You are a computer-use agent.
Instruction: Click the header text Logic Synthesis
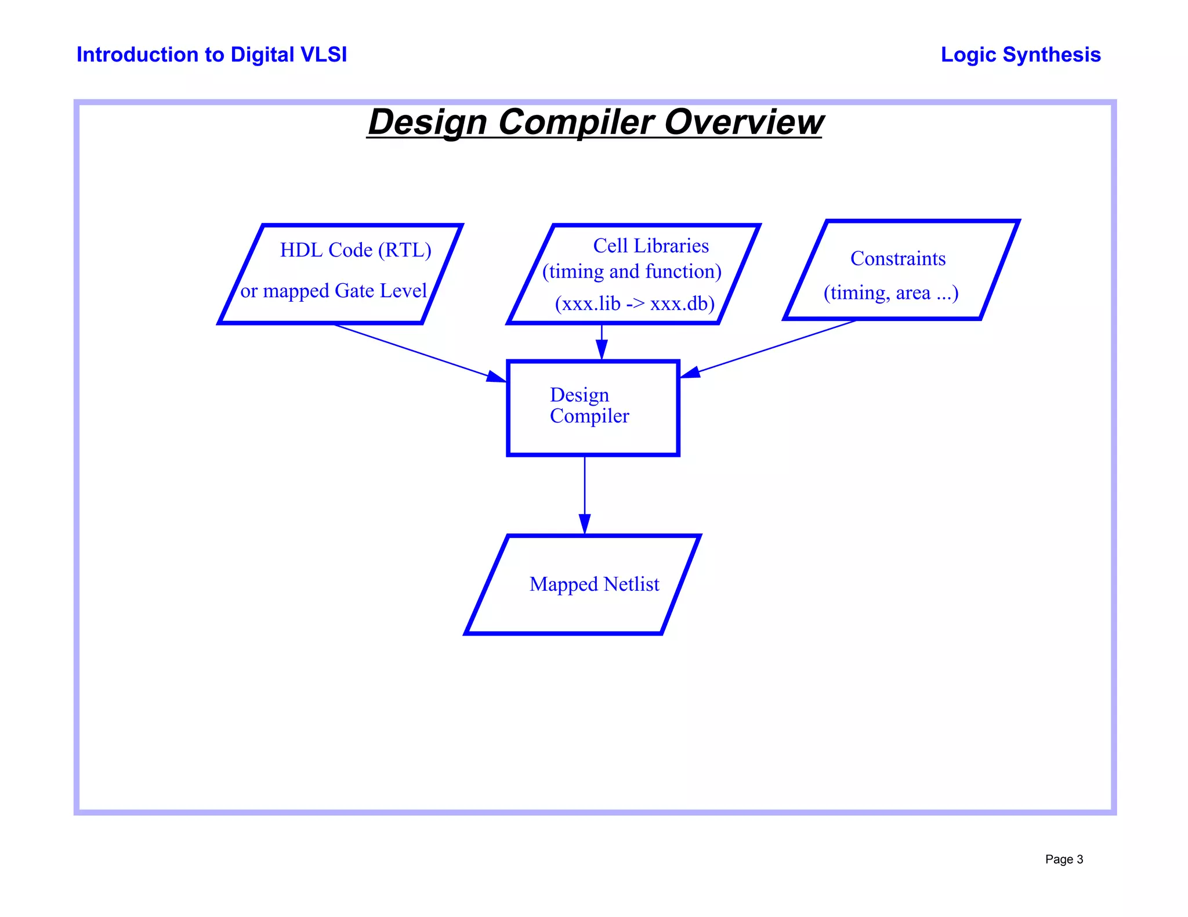tap(1020, 55)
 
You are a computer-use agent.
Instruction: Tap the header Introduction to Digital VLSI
tap(212, 55)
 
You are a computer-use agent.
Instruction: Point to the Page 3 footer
tap(1063, 859)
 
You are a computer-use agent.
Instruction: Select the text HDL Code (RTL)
tap(356, 250)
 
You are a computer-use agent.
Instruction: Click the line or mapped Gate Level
tap(334, 291)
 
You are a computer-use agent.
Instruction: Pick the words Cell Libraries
tap(650, 246)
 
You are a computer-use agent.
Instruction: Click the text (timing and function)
tap(632, 272)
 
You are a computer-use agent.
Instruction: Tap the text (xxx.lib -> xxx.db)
tap(635, 304)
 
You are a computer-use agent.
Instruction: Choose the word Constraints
tap(897, 259)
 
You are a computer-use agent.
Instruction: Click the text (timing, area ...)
tap(890, 293)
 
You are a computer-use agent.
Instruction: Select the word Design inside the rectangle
tap(579, 395)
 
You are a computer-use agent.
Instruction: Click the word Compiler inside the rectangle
tap(589, 416)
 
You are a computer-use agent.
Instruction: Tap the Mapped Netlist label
tap(594, 584)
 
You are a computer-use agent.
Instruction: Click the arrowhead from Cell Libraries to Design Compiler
tap(602, 350)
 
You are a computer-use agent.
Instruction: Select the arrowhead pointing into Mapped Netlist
tap(585, 524)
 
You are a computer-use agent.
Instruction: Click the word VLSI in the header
tap(324, 55)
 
